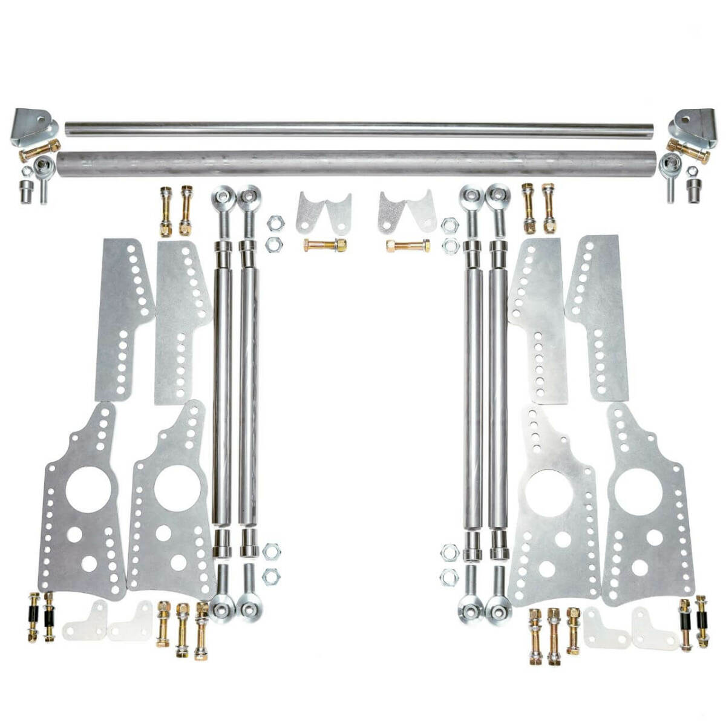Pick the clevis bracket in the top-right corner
692,126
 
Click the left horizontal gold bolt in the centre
325,246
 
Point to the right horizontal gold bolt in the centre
408,246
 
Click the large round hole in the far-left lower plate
88,489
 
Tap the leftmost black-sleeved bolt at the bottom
35,616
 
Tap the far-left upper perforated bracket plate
123,319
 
